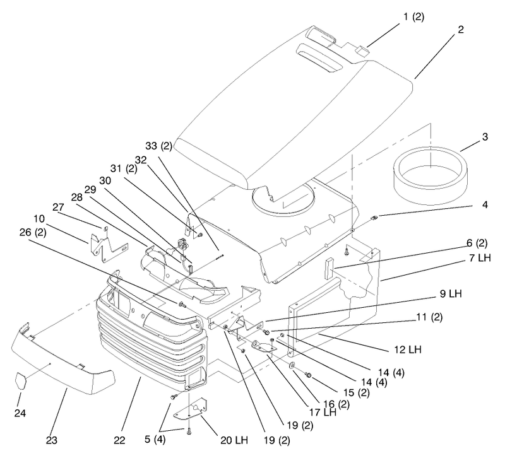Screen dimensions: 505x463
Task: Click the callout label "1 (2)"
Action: click(x=414, y=17)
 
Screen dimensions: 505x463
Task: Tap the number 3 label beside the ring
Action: click(x=485, y=137)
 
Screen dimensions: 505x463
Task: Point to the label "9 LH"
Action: click(x=451, y=293)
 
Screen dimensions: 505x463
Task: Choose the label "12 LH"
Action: click(x=408, y=349)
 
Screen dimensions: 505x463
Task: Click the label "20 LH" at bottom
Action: click(x=234, y=440)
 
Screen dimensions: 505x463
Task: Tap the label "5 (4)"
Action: click(x=155, y=439)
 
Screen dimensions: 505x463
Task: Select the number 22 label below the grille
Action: click(x=119, y=440)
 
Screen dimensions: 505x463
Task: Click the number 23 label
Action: click(x=52, y=440)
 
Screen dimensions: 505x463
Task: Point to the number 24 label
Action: click(x=20, y=413)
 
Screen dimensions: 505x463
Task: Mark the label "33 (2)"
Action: click(x=159, y=146)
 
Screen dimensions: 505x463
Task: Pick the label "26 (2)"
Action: click(x=33, y=232)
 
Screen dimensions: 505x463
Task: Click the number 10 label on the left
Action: click(x=39, y=219)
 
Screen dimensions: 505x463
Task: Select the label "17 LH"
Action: click(x=323, y=412)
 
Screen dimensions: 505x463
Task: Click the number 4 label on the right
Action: click(x=485, y=204)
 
